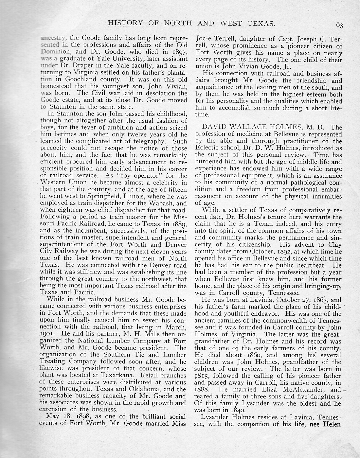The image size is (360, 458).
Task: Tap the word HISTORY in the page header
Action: [x=125, y=23]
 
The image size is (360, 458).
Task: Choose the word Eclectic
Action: [x=207, y=148]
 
